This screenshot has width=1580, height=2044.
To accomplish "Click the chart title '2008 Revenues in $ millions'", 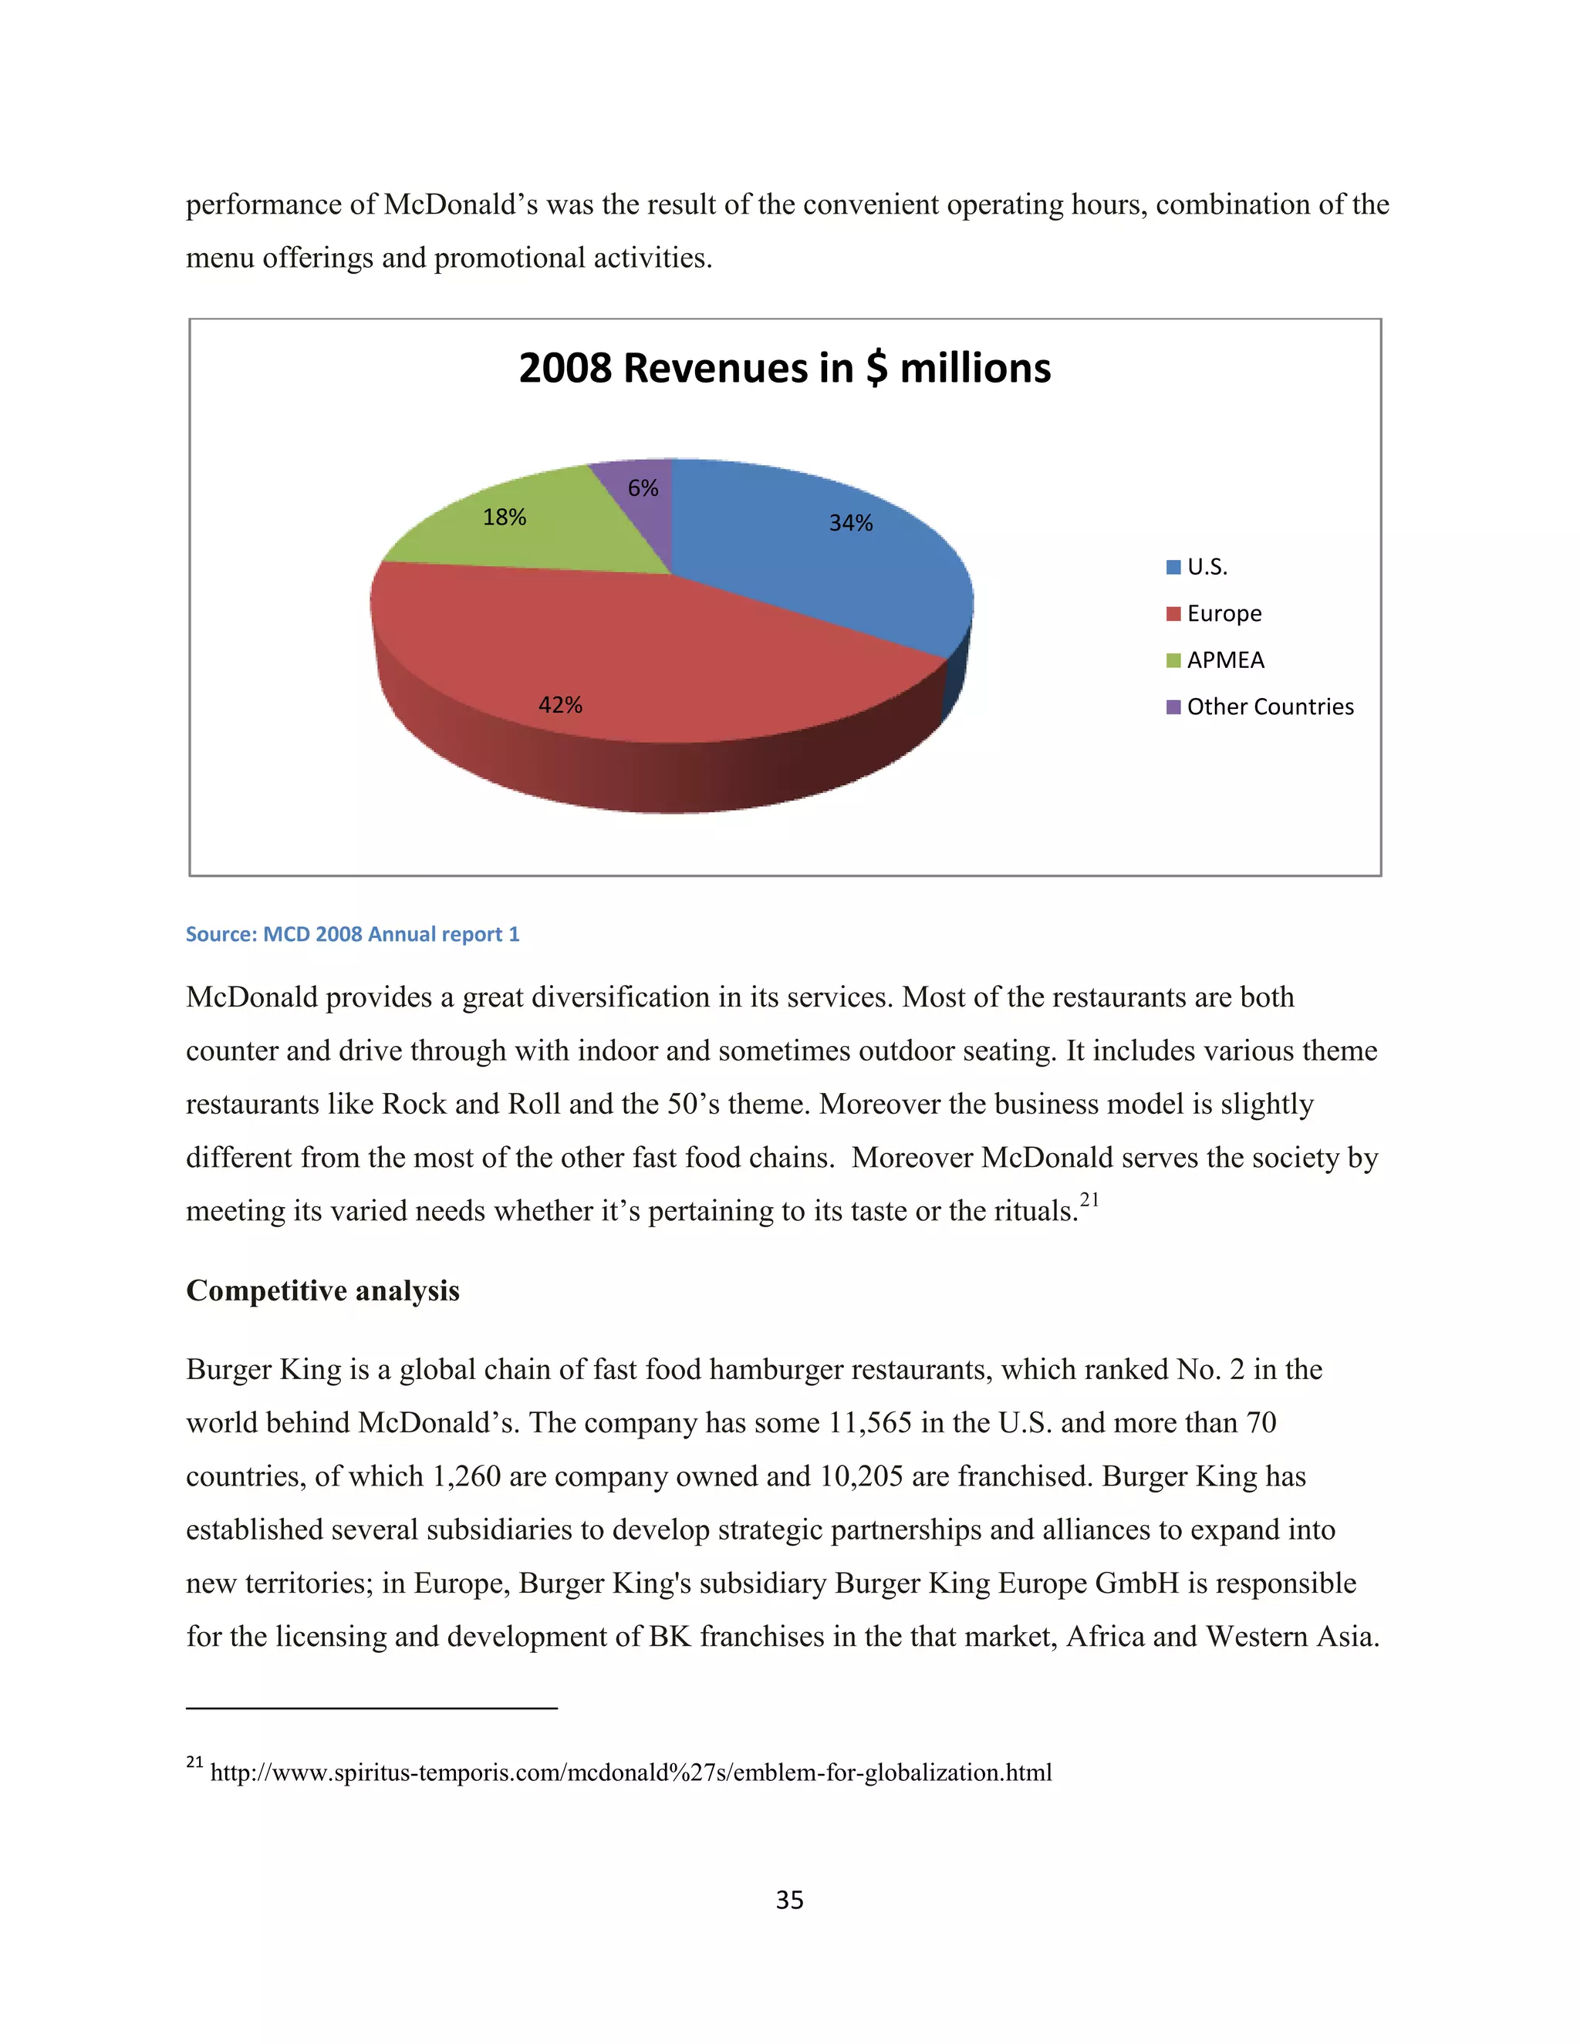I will [x=785, y=368].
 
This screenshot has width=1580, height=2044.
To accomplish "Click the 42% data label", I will [x=560, y=705].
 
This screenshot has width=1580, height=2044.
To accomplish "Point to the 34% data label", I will [x=850, y=523].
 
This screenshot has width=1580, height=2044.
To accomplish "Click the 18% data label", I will [x=504, y=517].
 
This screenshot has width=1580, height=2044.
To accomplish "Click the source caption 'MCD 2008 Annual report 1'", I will [x=352, y=934].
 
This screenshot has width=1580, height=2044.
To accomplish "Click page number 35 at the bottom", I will [x=789, y=1900].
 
